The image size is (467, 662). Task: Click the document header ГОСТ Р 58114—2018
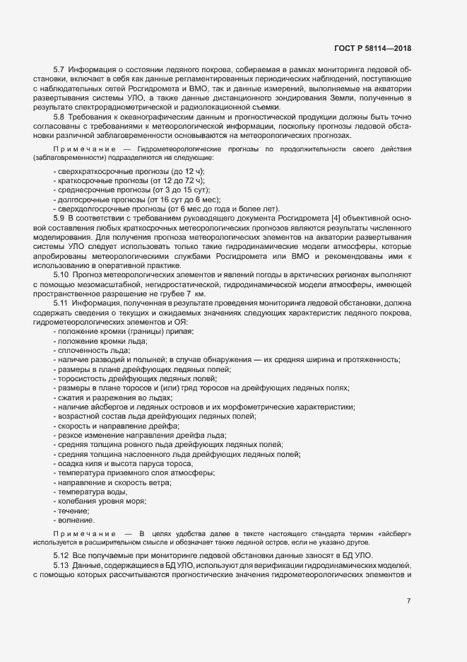pyautogui.click(x=372, y=48)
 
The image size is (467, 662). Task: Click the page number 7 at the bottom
pyautogui.click(x=408, y=601)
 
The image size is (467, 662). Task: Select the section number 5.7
pyautogui.click(x=59, y=69)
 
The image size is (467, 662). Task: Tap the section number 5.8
pyautogui.click(x=59, y=116)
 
